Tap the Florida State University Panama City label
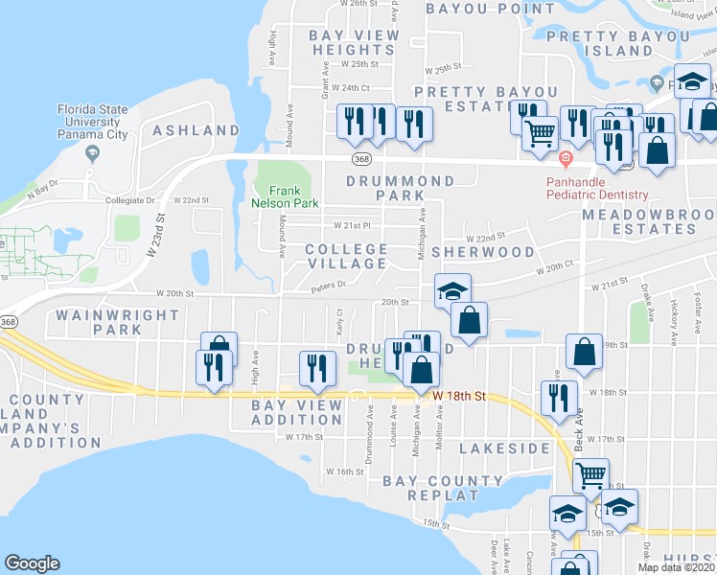(x=92, y=122)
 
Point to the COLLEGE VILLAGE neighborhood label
(x=346, y=256)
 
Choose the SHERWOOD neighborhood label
(x=482, y=251)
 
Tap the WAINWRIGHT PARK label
(x=117, y=321)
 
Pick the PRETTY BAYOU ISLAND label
(x=617, y=43)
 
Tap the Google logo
(x=32, y=563)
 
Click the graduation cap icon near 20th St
(x=452, y=289)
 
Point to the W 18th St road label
(x=460, y=395)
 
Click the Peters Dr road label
(x=326, y=286)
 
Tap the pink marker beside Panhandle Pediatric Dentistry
(x=566, y=158)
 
